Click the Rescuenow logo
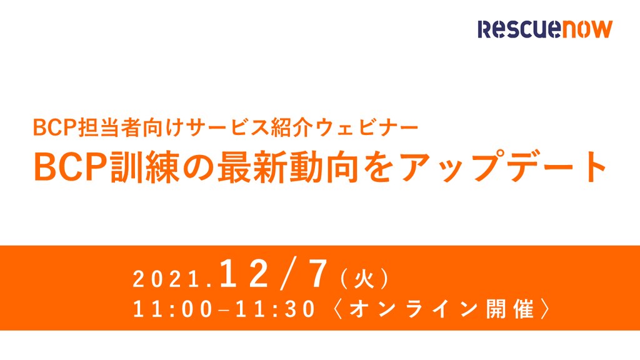pos(545,29)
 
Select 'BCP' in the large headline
pos(72,167)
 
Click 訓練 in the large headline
pos(146,167)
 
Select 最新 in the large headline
pos(252,167)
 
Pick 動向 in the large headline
pos(324,167)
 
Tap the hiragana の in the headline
pos(199,167)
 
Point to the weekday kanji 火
pos(364,279)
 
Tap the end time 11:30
pos(276,309)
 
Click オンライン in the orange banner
pos(414,309)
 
